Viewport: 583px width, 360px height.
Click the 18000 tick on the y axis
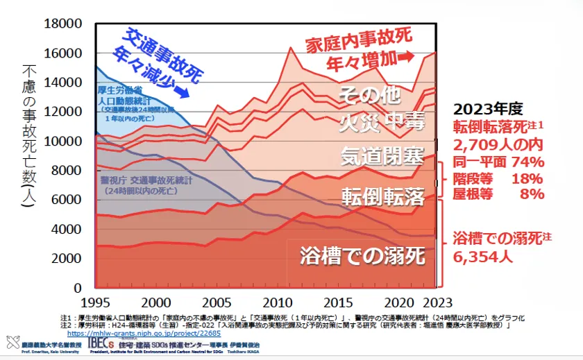(x=65, y=24)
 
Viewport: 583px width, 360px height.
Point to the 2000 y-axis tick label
(x=68, y=259)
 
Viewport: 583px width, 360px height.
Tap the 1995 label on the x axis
(x=95, y=302)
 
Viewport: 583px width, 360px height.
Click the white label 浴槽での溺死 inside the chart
(x=362, y=256)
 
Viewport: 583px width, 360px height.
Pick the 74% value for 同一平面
(x=528, y=162)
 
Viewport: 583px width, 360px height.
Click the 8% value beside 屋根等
(x=532, y=194)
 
